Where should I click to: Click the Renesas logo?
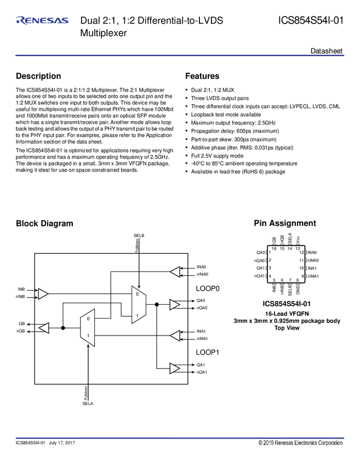[x=43, y=21]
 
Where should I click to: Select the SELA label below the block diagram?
[x=88, y=403]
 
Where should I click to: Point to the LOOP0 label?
[x=208, y=288]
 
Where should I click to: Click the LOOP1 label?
[x=208, y=353]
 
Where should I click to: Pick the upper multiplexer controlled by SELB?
[x=139, y=304]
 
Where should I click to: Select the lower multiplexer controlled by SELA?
[x=88, y=328]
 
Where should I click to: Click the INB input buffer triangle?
[x=43, y=294]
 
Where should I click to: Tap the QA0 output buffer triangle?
[x=175, y=304]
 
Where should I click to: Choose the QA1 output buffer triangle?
[x=175, y=368]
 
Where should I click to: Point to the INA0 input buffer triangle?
[x=175, y=271]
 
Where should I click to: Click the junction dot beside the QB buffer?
[x=63, y=328]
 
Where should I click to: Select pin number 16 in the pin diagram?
[x=273, y=249]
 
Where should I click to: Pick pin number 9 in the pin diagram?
[x=302, y=276]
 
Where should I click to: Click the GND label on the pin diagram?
[x=298, y=289]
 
